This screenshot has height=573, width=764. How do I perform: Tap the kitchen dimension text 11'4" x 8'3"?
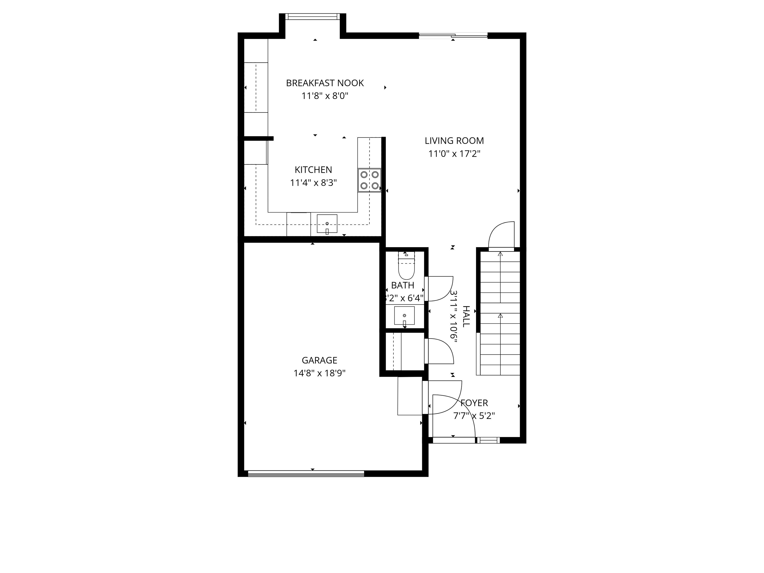pyautogui.click(x=313, y=183)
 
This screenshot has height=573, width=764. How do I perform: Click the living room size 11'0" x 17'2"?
pyautogui.click(x=454, y=154)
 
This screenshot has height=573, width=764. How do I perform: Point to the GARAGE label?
pyautogui.click(x=320, y=360)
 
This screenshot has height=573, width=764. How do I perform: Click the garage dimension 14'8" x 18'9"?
pyautogui.click(x=320, y=373)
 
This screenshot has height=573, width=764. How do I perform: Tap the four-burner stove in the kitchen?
pyautogui.click(x=369, y=180)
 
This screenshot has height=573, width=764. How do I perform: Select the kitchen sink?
pyautogui.click(x=327, y=224)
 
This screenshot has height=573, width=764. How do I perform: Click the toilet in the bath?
pyautogui.click(x=406, y=267)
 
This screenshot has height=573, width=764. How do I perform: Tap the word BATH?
pyautogui.click(x=403, y=285)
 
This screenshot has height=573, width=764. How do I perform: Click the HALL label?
pyautogui.click(x=466, y=316)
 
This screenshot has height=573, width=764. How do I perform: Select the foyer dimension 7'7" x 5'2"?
pyautogui.click(x=474, y=416)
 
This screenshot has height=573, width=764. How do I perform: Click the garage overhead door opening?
pyautogui.click(x=306, y=474)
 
